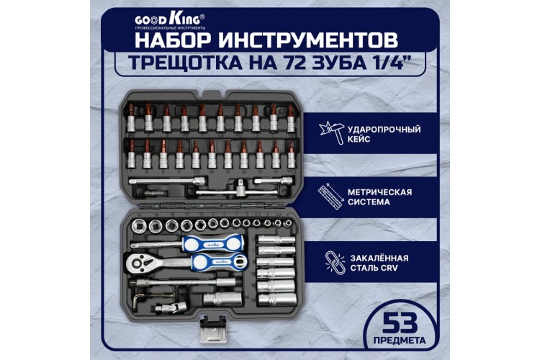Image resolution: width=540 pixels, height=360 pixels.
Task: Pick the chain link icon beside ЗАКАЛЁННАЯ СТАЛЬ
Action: click(x=333, y=260)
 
